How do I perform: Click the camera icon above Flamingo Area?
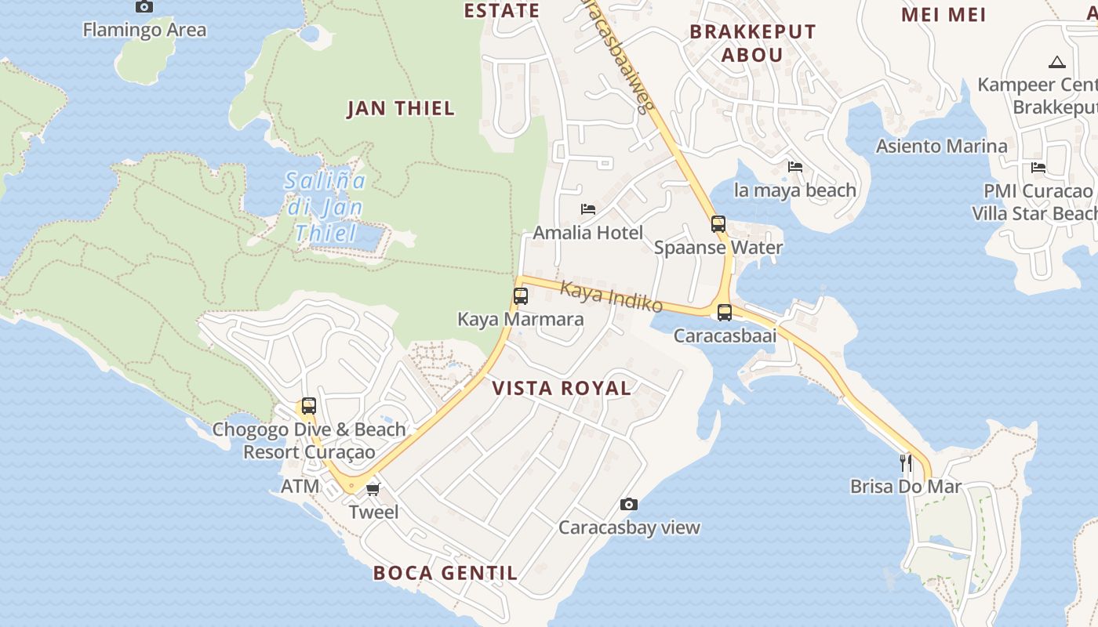pos(144,7)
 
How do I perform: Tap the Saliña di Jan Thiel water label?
pos(325,207)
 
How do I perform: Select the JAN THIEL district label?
pos(401,108)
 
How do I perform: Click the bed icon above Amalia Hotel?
pos(588,209)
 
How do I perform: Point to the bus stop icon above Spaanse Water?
pos(718,224)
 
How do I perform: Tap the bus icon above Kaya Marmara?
pos(521,296)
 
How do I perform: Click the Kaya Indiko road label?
pos(612,297)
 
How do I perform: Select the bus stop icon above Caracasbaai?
pos(725,313)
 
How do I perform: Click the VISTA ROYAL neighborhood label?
pos(562,388)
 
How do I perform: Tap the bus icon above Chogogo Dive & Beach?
pos(309,406)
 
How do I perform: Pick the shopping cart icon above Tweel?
pos(373,489)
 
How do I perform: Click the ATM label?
pos(300,486)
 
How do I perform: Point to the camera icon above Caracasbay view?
pos(629,504)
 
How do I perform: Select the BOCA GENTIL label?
pos(445,573)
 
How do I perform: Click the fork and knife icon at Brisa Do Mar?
pos(906,463)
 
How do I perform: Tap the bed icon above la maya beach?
pos(795,167)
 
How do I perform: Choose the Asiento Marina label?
pos(942,146)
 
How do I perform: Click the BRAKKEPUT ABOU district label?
pos(753,43)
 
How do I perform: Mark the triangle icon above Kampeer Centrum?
pos(1056,62)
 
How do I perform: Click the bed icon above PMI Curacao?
pos(1038,168)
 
